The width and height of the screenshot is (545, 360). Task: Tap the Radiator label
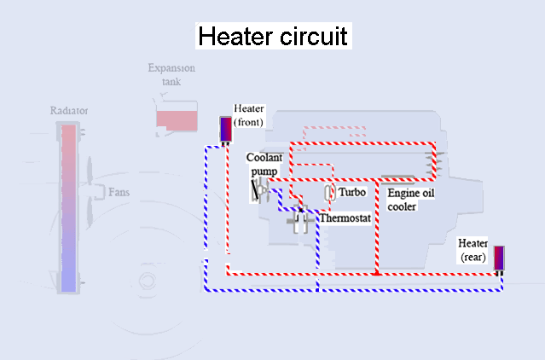pyautogui.click(x=70, y=111)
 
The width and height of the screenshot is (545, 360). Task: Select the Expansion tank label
pyautogui.click(x=171, y=74)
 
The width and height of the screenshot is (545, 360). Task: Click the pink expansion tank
pyautogui.click(x=177, y=120)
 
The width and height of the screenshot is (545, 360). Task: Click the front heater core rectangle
pyautogui.click(x=226, y=129)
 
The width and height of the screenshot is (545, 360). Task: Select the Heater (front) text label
pyautogui.click(x=249, y=115)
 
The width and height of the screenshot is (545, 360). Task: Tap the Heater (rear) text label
pyautogui.click(x=473, y=249)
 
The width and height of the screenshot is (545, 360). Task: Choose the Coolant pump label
pyautogui.click(x=264, y=165)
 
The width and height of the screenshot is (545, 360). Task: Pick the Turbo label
pyautogui.click(x=352, y=193)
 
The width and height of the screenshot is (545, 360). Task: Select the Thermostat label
pyautogui.click(x=345, y=218)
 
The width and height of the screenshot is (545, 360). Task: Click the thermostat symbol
pyautogui.click(x=299, y=221)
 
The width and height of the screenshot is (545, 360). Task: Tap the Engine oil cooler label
pyautogui.click(x=411, y=200)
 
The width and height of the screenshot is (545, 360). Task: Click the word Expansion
pyautogui.click(x=171, y=68)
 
